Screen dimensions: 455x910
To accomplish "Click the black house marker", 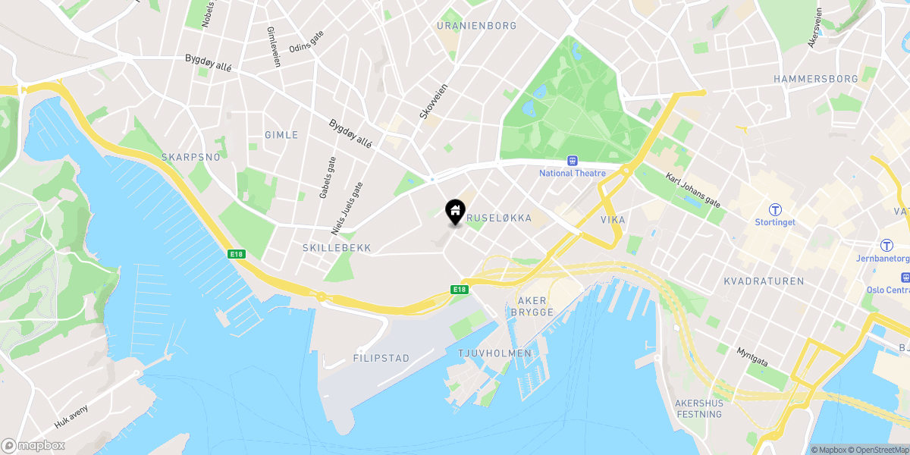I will click(454, 212).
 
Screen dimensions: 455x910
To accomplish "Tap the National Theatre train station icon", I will click(573, 161).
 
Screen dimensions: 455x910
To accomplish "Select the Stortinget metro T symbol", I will click(775, 209).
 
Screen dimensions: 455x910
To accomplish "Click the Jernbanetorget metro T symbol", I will click(886, 246).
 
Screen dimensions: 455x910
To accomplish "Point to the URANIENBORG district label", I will click(476, 26).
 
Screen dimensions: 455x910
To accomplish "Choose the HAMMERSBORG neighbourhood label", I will click(815, 79).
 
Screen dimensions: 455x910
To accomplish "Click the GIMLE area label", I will click(281, 135).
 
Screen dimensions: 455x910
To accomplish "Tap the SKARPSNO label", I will click(190, 157).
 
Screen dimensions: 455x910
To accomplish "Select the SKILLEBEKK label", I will click(335, 248).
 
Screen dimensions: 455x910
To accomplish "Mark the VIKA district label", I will click(613, 220).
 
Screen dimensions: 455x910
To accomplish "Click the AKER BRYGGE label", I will click(533, 307).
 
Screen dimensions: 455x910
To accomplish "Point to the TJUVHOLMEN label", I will click(492, 353).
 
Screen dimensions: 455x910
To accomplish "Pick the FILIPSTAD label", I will click(381, 358).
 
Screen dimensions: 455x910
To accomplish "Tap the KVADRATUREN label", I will click(764, 281).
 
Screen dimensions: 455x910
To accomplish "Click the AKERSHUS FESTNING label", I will click(698, 409).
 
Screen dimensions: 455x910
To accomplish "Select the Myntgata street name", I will click(752, 357).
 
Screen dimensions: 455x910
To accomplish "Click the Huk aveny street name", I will click(71, 416).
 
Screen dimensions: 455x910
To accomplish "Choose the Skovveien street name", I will click(434, 102).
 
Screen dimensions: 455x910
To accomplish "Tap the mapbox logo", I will click(33, 445).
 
